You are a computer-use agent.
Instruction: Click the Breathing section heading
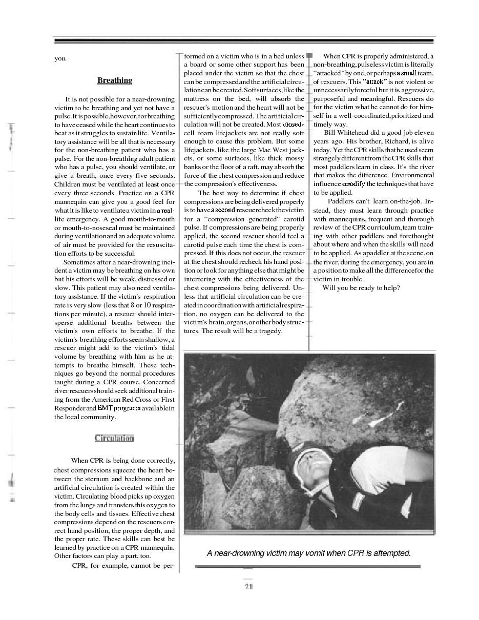(115, 80)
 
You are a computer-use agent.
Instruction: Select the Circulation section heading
(114, 438)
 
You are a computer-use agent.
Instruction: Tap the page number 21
(248, 587)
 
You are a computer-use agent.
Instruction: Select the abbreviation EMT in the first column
(104, 408)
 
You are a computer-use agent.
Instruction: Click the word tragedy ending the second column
(269, 331)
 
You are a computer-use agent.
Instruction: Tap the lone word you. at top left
(60, 58)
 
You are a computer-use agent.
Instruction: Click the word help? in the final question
(390, 288)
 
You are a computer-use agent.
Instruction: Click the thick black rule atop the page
(244, 40)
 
